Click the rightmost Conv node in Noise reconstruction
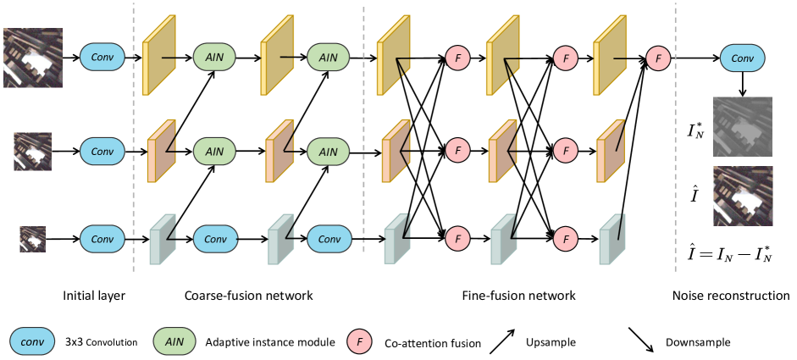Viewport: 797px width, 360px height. click(x=741, y=58)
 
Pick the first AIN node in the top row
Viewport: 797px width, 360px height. click(x=215, y=58)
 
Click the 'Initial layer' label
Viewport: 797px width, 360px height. click(x=93, y=296)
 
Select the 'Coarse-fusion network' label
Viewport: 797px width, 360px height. click(x=248, y=296)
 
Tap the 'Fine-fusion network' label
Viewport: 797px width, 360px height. click(x=518, y=296)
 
